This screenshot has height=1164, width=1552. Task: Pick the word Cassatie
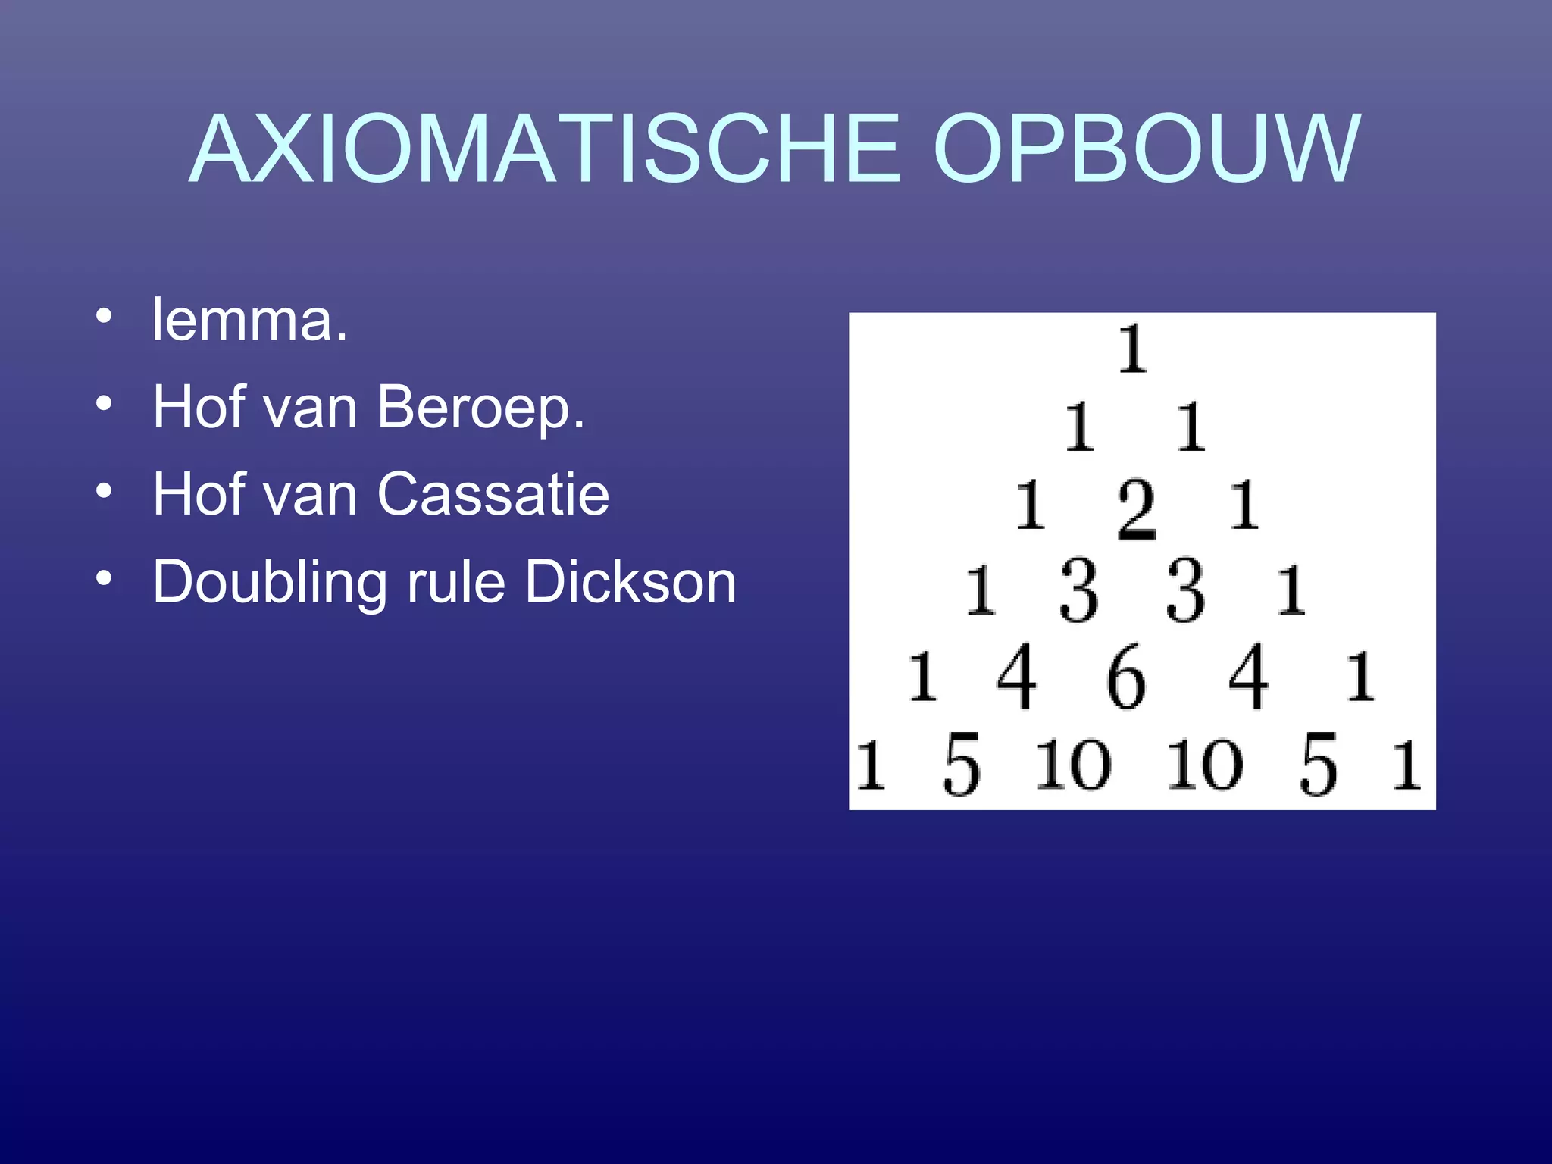pos(493,494)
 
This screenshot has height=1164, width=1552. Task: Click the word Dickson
pos(630,582)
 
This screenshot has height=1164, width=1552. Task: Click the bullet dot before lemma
pos(104,315)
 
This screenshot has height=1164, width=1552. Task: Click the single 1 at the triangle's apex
pos(1133,349)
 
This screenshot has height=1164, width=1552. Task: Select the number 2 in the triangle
pos(1137,509)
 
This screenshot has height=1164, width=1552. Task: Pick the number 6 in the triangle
pos(1125,677)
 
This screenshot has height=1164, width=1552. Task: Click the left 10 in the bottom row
pos(1073,765)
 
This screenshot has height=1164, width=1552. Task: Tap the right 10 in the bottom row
pos(1205,765)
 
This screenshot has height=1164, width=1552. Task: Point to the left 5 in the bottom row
pos(961,765)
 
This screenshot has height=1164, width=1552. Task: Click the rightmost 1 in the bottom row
pos(1406,765)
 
